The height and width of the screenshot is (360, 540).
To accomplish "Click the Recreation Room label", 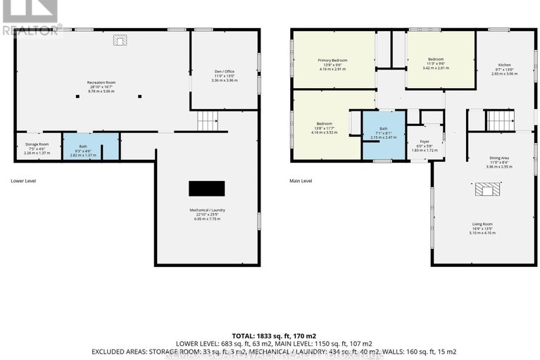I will [x=102, y=85].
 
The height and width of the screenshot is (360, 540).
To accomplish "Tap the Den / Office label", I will [x=225, y=75].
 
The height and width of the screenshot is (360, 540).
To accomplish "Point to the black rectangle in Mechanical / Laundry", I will [x=206, y=188].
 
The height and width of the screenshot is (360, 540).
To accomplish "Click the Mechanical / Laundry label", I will [x=206, y=214].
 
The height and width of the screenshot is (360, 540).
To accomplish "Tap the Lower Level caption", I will [x=23, y=181].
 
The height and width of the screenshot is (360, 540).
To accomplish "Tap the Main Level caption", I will [x=301, y=181].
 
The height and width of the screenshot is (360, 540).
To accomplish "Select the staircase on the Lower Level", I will [x=206, y=122].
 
